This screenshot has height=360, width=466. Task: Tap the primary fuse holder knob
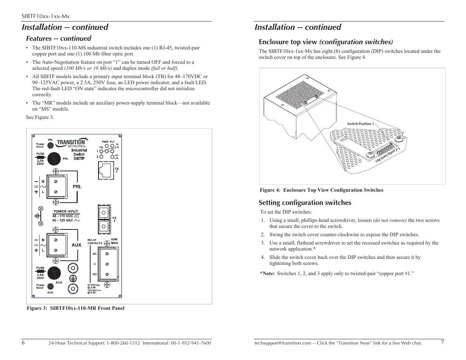[x=55, y=159]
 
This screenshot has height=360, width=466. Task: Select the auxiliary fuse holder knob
[x=55, y=273]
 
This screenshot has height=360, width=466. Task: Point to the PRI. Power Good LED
[x=50, y=144]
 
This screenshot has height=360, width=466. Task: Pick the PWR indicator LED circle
[x=106, y=145]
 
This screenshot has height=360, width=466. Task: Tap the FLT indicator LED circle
[x=112, y=145]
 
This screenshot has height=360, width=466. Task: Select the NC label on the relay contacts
[x=94, y=254]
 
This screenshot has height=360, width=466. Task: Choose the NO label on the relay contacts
[x=94, y=274]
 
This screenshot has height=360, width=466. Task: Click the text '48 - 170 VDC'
[x=63, y=216]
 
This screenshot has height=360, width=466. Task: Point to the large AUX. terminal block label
[x=77, y=245]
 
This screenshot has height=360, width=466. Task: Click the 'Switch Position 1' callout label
[x=360, y=124]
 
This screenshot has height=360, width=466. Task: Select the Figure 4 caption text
[x=321, y=190]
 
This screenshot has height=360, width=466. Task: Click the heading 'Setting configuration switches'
[x=305, y=203]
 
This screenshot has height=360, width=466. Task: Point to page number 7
[x=443, y=343]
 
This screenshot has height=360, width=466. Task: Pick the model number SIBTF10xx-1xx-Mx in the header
[x=45, y=16]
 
